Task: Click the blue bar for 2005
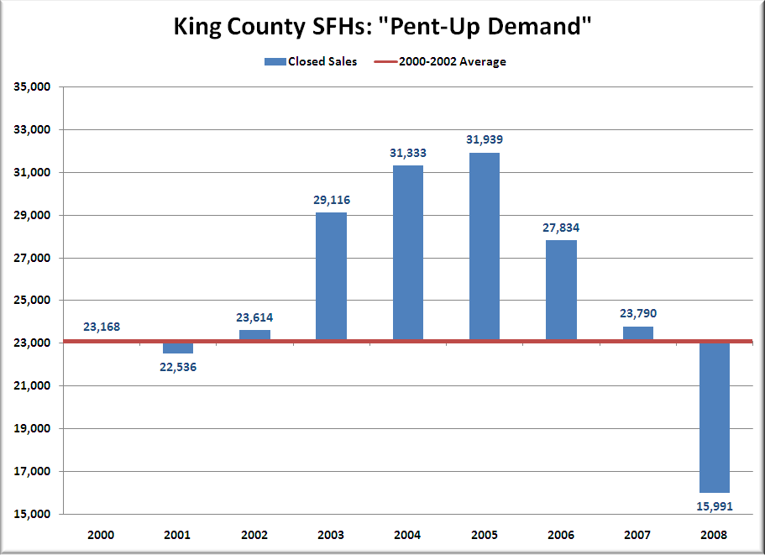click(x=485, y=247)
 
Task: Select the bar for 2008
click(x=715, y=417)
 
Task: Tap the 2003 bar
click(x=331, y=276)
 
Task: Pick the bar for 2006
click(x=561, y=290)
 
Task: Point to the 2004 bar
click(x=408, y=253)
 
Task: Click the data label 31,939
click(x=485, y=139)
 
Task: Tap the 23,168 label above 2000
click(x=102, y=327)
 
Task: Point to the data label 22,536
click(x=178, y=366)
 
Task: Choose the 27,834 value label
click(x=561, y=228)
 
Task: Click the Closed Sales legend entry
click(x=311, y=61)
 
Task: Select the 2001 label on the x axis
click(x=178, y=534)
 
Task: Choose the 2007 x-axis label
click(x=638, y=534)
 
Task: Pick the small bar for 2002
click(x=254, y=335)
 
